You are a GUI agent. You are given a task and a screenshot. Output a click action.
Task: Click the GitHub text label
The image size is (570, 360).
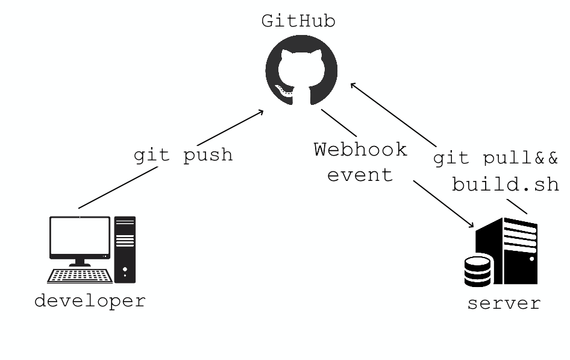click(298, 21)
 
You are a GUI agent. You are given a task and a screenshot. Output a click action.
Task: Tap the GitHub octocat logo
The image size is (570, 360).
click(301, 69)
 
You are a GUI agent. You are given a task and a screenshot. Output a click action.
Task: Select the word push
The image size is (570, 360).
click(208, 155)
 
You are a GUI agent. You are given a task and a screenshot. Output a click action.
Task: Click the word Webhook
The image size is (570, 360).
click(360, 150)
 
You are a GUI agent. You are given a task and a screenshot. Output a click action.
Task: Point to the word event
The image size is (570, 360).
click(360, 175)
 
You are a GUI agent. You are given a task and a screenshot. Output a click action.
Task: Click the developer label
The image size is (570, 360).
click(90, 300)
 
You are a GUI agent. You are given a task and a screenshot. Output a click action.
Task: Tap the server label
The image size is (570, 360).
click(504, 303)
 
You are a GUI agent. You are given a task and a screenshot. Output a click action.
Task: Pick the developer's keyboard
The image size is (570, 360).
click(80, 276)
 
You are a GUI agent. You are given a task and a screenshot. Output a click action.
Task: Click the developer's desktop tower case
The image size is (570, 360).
click(125, 248)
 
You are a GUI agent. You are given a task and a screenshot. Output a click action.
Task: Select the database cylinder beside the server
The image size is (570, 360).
click(478, 271)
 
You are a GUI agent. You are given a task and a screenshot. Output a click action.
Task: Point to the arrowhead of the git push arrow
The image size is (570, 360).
click(261, 112)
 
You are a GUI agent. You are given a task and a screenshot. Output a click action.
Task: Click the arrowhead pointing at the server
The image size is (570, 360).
click(472, 225)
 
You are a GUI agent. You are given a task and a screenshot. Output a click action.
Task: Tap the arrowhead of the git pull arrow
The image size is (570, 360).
click(354, 86)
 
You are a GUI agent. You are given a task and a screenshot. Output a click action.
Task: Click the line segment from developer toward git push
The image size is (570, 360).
click(118, 188)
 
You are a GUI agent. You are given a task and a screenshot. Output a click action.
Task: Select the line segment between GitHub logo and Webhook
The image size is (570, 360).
click(339, 122)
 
